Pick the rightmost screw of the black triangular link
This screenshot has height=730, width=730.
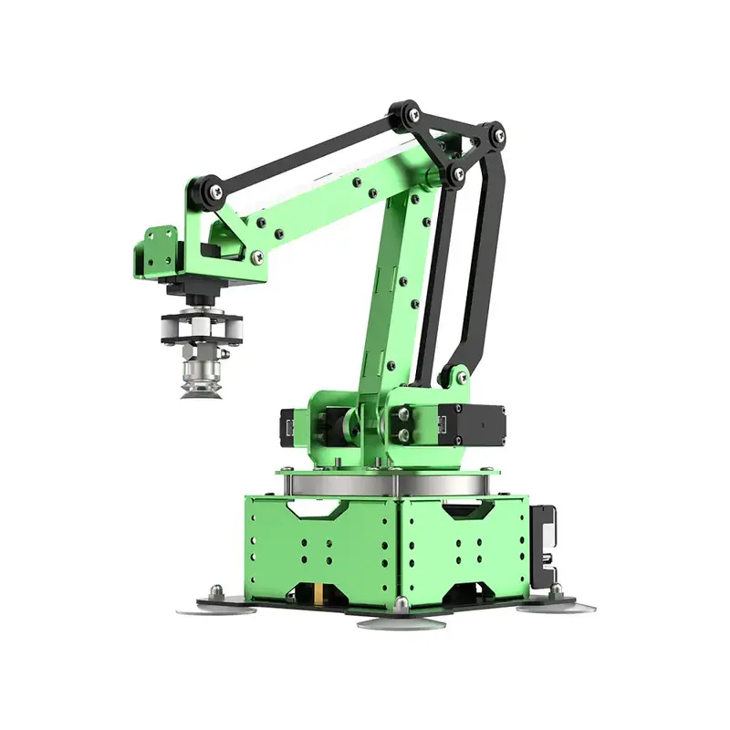494,135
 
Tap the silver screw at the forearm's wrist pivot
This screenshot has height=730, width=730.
257,258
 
